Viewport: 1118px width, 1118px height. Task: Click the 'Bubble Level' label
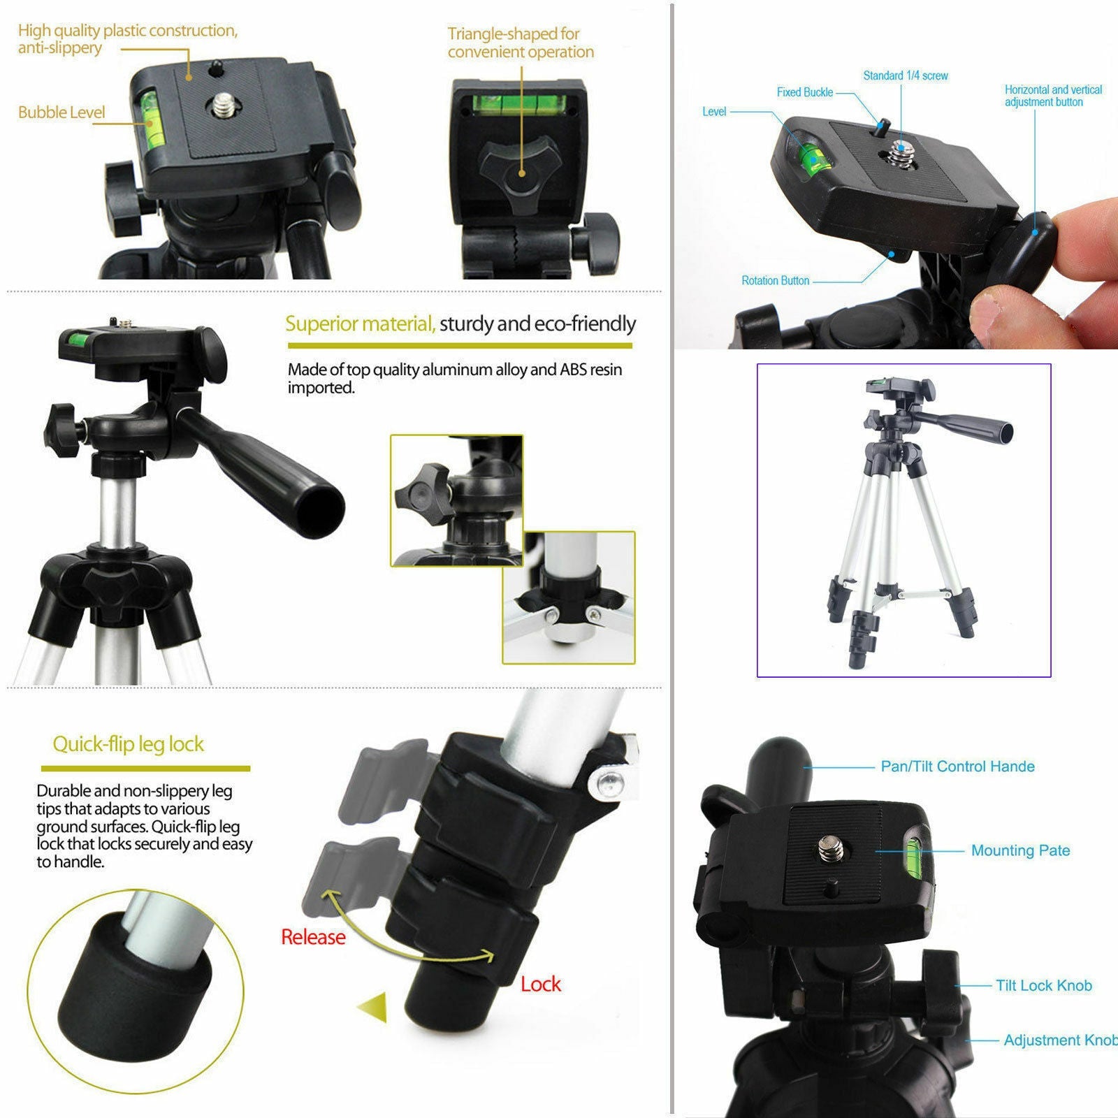[x=61, y=112]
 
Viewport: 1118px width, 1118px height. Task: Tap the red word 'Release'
[x=313, y=937]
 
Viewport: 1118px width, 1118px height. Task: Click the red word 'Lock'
[x=540, y=984]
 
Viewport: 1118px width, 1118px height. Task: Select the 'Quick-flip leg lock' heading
[x=129, y=744]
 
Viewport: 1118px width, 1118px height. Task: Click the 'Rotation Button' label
[x=775, y=281]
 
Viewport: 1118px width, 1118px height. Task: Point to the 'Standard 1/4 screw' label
[x=905, y=75]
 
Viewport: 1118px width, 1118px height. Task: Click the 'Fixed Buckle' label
[x=804, y=92]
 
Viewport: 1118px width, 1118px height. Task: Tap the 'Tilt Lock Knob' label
[x=1043, y=985]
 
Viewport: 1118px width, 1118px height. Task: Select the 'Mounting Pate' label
[x=1020, y=850]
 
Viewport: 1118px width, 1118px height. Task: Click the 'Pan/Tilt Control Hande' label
[x=957, y=767]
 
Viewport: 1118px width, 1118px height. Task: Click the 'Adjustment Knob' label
[x=1059, y=1040]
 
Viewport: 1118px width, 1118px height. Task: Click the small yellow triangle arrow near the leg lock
[x=373, y=1007]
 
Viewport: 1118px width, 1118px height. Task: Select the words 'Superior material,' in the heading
[x=360, y=324]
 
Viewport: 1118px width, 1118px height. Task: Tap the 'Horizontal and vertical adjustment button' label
[x=1053, y=96]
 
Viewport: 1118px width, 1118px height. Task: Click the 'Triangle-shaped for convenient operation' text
[x=521, y=43]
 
